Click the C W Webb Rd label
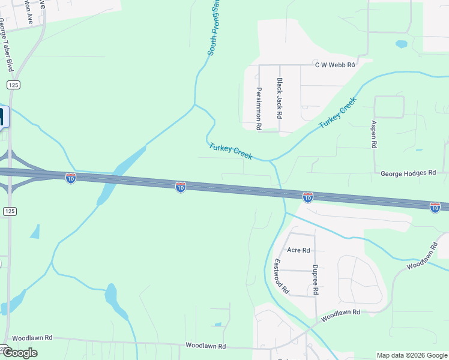336,64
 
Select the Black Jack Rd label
279,97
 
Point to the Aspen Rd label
373,134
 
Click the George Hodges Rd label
408,173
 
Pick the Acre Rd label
298,250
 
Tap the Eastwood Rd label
282,276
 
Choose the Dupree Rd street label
315,280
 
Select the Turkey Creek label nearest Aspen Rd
337,112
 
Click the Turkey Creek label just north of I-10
231,151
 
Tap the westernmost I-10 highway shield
71,178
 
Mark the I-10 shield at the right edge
435,207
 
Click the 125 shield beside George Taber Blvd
14,85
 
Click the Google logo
19,353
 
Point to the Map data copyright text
411,355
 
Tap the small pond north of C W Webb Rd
401,44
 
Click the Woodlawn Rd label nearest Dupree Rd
340,313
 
